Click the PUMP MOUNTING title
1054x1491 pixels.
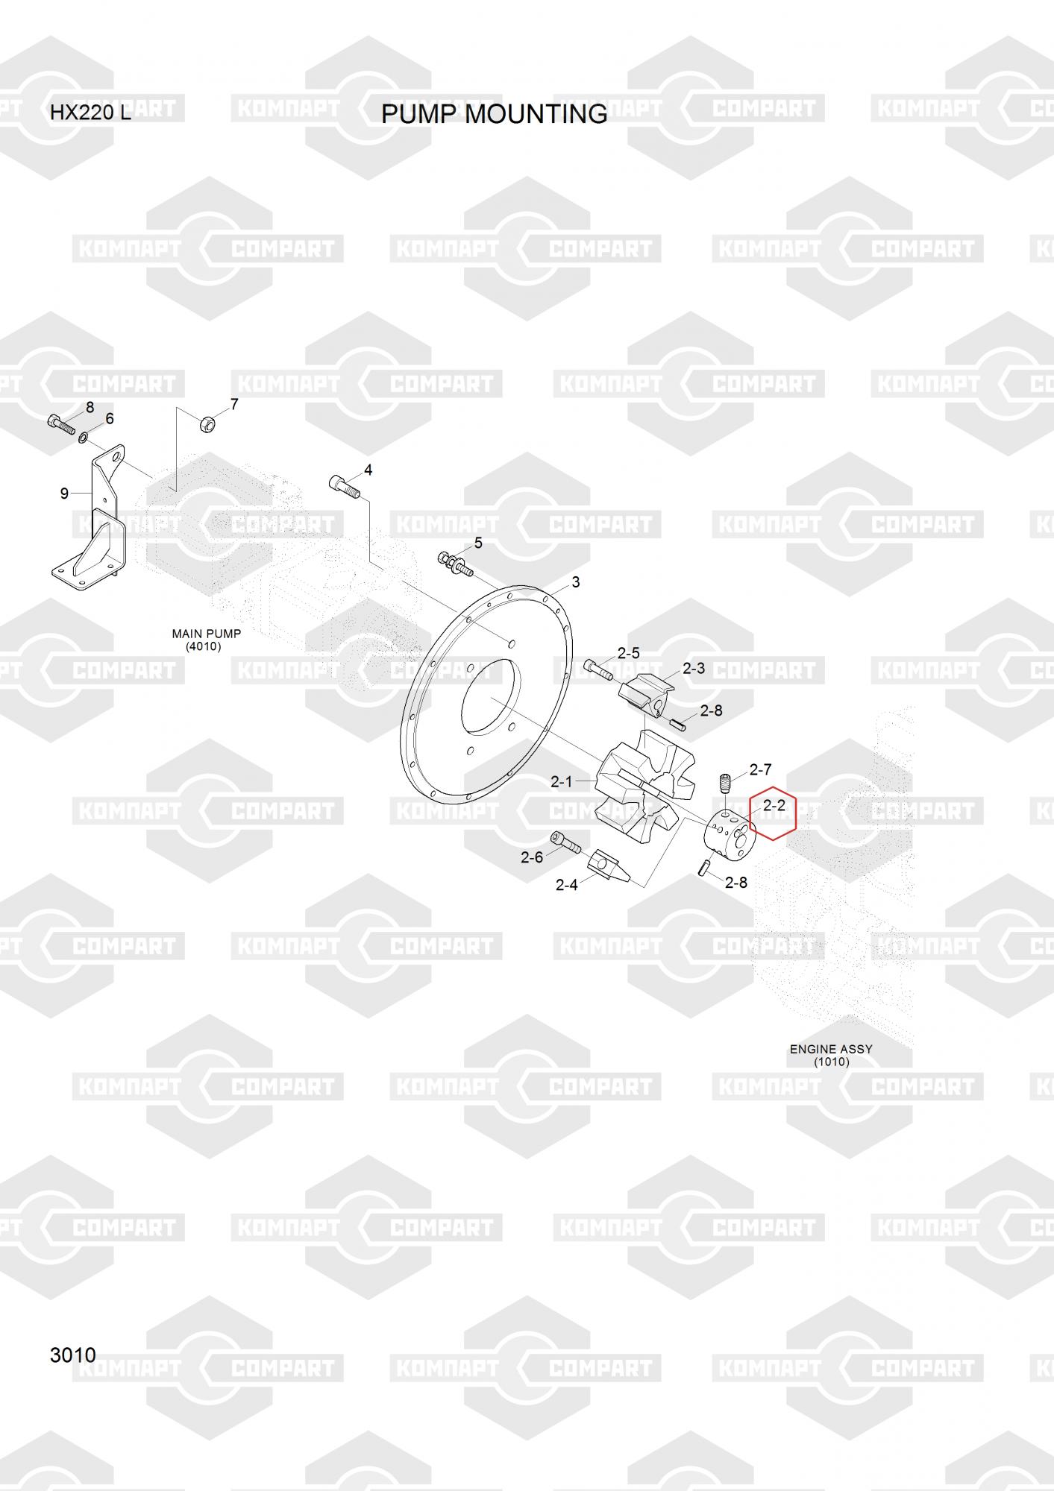494,114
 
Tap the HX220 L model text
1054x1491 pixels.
90,113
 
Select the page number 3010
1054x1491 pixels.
73,1355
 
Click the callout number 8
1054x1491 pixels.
90,407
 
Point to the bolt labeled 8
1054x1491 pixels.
60,425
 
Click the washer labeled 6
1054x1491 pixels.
84,436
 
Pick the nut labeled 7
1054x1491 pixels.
208,423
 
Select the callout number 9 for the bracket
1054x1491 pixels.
64,493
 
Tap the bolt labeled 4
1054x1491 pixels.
344,486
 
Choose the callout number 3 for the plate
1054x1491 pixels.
575,581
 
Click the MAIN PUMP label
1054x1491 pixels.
207,640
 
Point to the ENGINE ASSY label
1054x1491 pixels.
831,1055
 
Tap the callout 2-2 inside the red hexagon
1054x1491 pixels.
774,805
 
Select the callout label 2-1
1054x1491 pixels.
562,781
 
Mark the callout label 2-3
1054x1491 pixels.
694,668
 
